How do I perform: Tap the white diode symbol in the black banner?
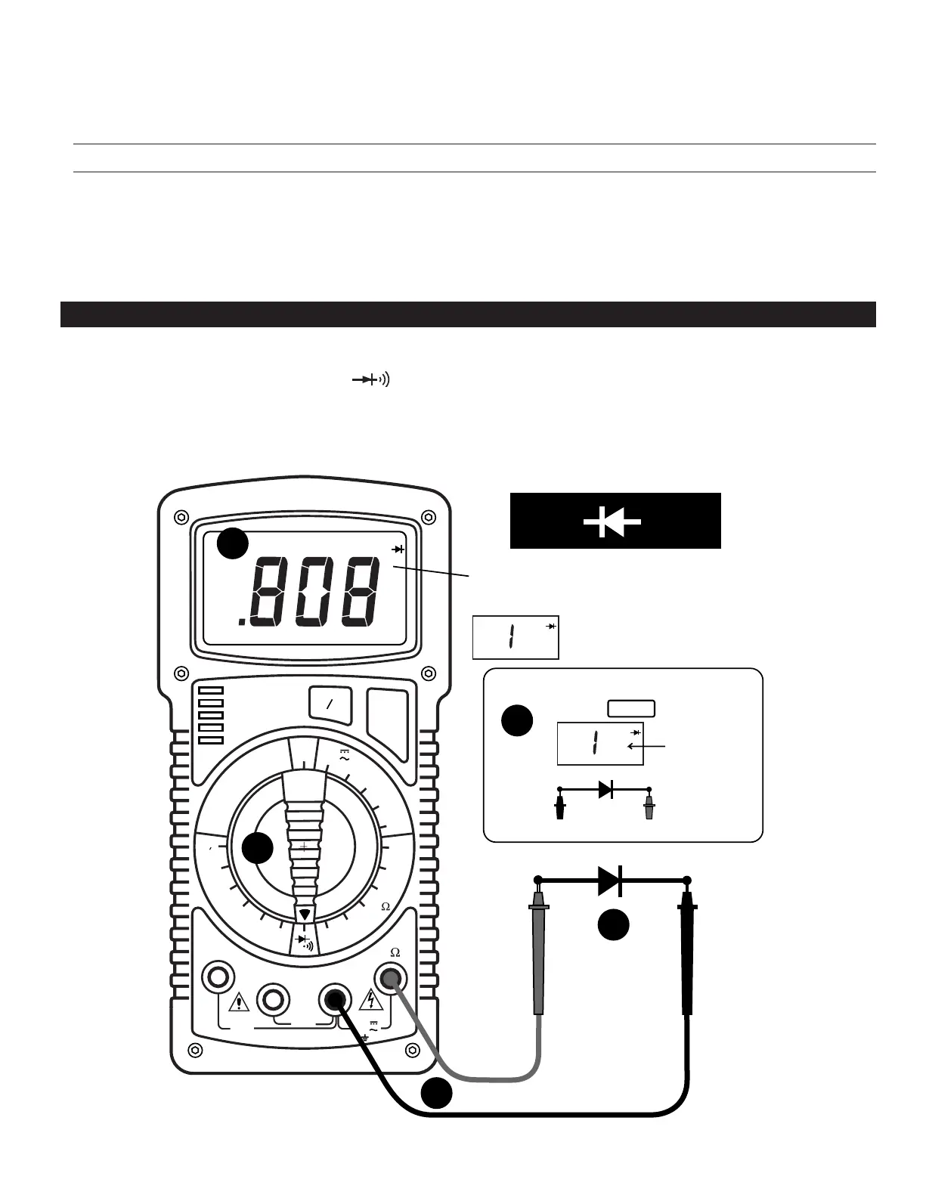click(x=613, y=522)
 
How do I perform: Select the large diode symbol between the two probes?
click(x=610, y=880)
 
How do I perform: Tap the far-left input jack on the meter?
click(x=218, y=977)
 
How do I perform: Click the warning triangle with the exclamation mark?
click(x=240, y=1002)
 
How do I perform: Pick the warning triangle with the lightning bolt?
click(x=371, y=1000)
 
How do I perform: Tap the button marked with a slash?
click(x=330, y=704)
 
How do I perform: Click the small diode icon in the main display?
click(x=398, y=549)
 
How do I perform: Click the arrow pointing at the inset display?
click(x=646, y=747)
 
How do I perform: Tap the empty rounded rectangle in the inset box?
click(x=631, y=709)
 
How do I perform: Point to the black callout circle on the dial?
click(x=259, y=849)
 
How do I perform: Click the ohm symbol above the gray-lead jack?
click(x=395, y=953)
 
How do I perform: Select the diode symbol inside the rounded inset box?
click(x=605, y=790)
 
